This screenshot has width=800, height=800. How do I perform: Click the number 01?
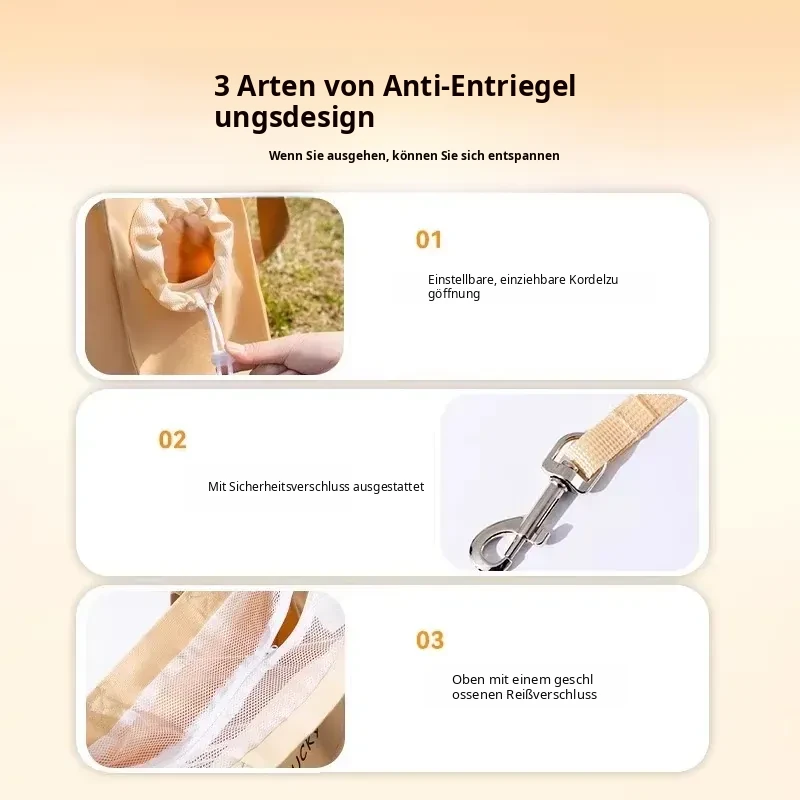[x=429, y=240]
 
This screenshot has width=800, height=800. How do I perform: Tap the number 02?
[x=172, y=440]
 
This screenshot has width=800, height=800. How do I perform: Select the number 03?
[x=430, y=640]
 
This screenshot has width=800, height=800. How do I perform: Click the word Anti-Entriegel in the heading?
[x=479, y=86]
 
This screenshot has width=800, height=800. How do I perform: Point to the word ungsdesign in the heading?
[x=294, y=117]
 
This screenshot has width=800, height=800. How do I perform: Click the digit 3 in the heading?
[x=222, y=86]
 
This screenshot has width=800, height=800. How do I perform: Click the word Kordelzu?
[x=594, y=280]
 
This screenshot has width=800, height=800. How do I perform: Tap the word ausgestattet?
[x=388, y=487]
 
